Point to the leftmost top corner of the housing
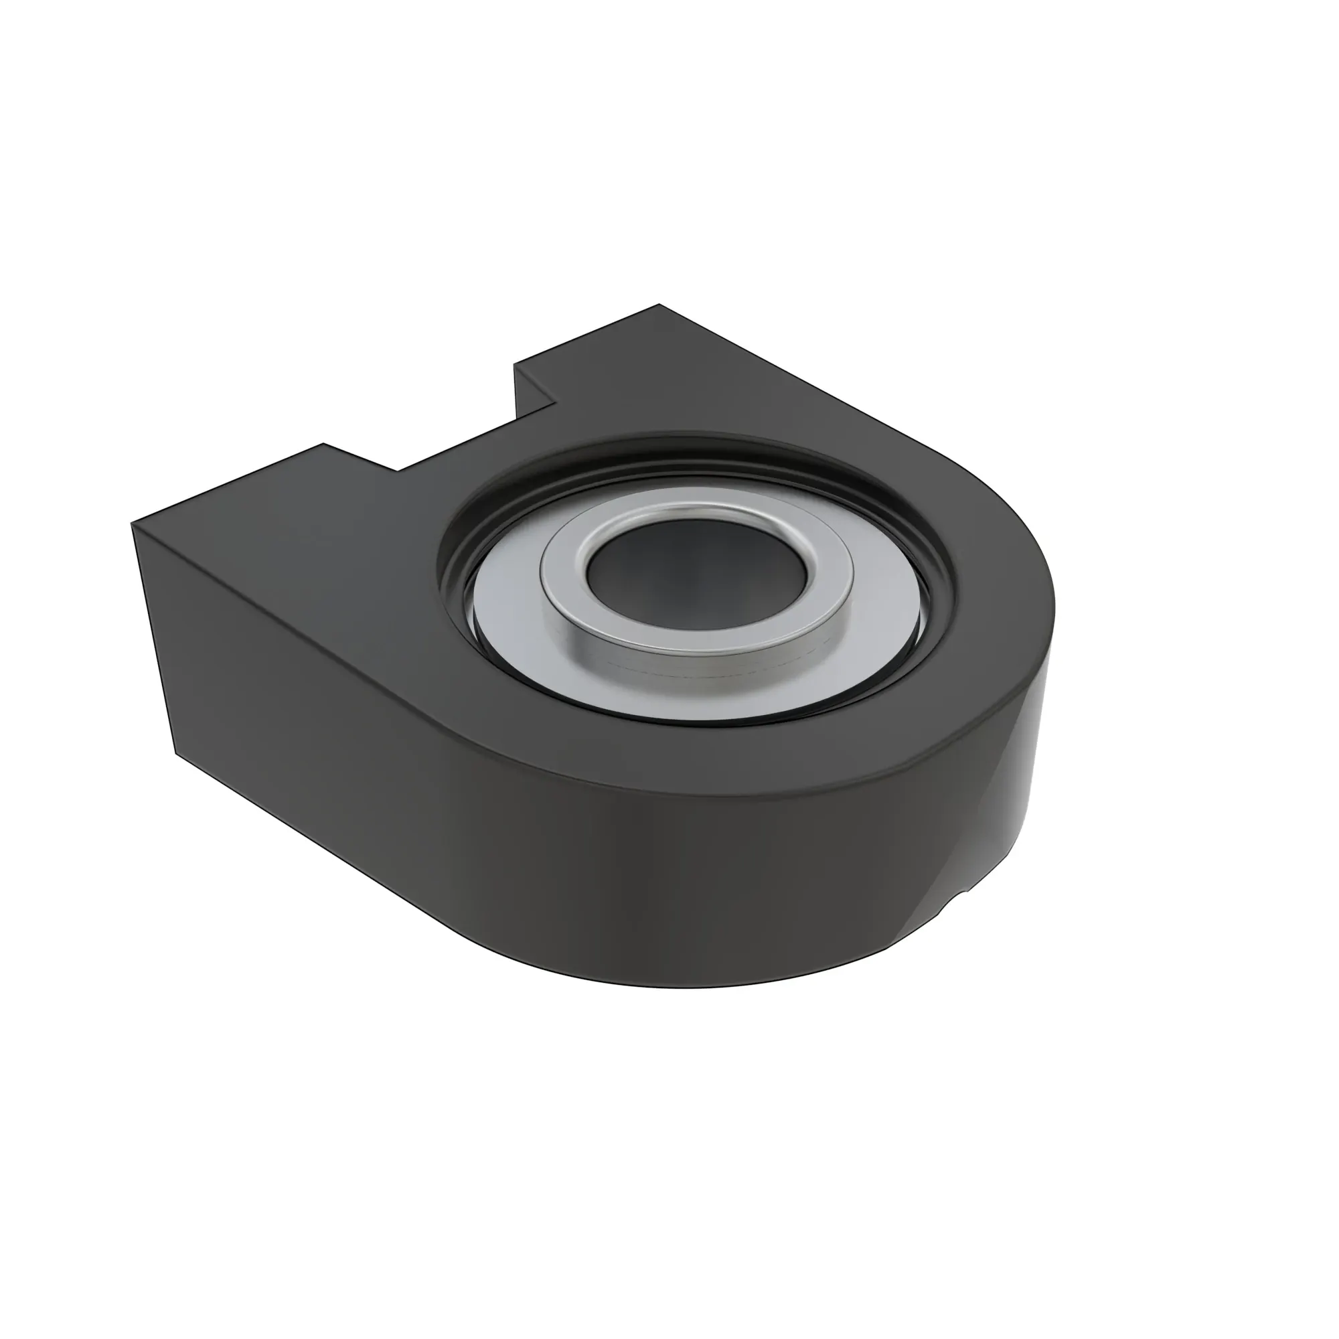132,525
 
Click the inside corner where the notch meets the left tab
398,471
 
